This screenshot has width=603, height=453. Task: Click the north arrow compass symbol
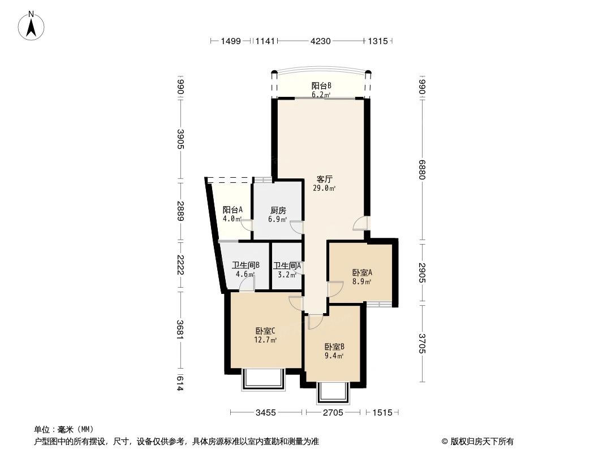click(33, 25)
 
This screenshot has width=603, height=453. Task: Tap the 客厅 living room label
click(324, 179)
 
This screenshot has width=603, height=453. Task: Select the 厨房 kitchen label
click(278, 211)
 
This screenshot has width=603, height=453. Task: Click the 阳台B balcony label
click(321, 86)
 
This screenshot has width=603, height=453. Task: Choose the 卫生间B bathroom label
click(245, 265)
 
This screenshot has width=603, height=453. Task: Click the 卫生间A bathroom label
click(287, 266)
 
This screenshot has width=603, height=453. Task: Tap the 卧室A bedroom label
click(362, 272)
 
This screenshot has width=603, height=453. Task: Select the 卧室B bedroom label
click(334, 347)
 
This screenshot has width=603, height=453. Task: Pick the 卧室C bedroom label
click(265, 331)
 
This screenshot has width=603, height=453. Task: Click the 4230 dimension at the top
click(320, 41)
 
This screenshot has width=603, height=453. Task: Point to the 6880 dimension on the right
click(422, 169)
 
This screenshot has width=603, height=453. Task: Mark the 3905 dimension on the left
click(180, 139)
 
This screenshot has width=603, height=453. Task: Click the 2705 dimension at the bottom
click(333, 413)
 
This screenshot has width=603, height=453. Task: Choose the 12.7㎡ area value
click(265, 340)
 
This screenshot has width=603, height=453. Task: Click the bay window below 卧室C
click(264, 379)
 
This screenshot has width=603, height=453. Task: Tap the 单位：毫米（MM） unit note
click(64, 429)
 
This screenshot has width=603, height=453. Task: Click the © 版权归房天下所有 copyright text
click(477, 441)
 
